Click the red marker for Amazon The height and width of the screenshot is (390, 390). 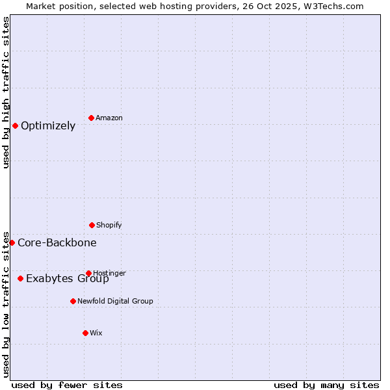click(x=91, y=118)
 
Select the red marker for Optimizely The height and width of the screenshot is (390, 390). click(x=15, y=125)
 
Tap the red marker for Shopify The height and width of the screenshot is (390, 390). click(x=92, y=225)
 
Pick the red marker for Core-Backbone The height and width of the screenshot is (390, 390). click(x=12, y=242)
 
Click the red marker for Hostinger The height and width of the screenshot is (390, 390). click(x=88, y=273)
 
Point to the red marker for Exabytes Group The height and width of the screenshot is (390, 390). click(x=20, y=278)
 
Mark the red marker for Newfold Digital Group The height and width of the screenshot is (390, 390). click(x=73, y=301)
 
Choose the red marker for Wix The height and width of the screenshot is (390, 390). click(x=85, y=333)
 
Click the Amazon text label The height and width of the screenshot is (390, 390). click(x=109, y=118)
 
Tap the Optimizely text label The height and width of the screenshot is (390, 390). click(x=48, y=126)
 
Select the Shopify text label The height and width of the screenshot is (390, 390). click(x=109, y=225)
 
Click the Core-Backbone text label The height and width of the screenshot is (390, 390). click(x=57, y=243)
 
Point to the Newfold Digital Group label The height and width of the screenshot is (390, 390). click(x=115, y=301)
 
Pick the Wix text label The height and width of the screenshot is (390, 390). click(x=96, y=333)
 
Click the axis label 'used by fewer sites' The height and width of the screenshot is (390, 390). click(x=67, y=385)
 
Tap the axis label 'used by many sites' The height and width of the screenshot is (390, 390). click(x=326, y=385)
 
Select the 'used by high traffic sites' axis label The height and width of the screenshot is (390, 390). click(x=6, y=92)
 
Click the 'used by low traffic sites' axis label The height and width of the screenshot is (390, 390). click(x=6, y=304)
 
